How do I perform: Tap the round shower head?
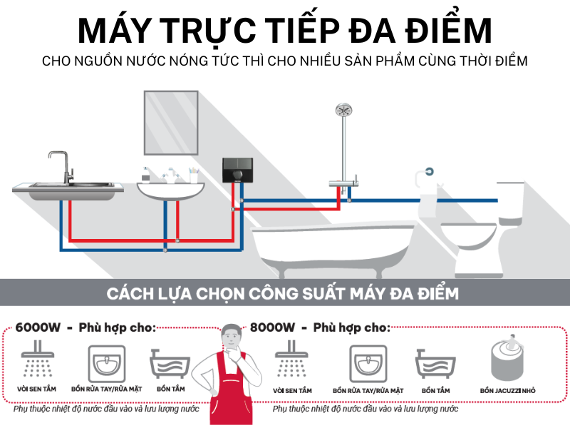pyautogui.click(x=344, y=111)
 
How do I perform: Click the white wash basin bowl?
pyautogui.click(x=170, y=191)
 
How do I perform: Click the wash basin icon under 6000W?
pyautogui.click(x=107, y=362)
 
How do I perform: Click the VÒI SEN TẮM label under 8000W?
pyautogui.click(x=292, y=391)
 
